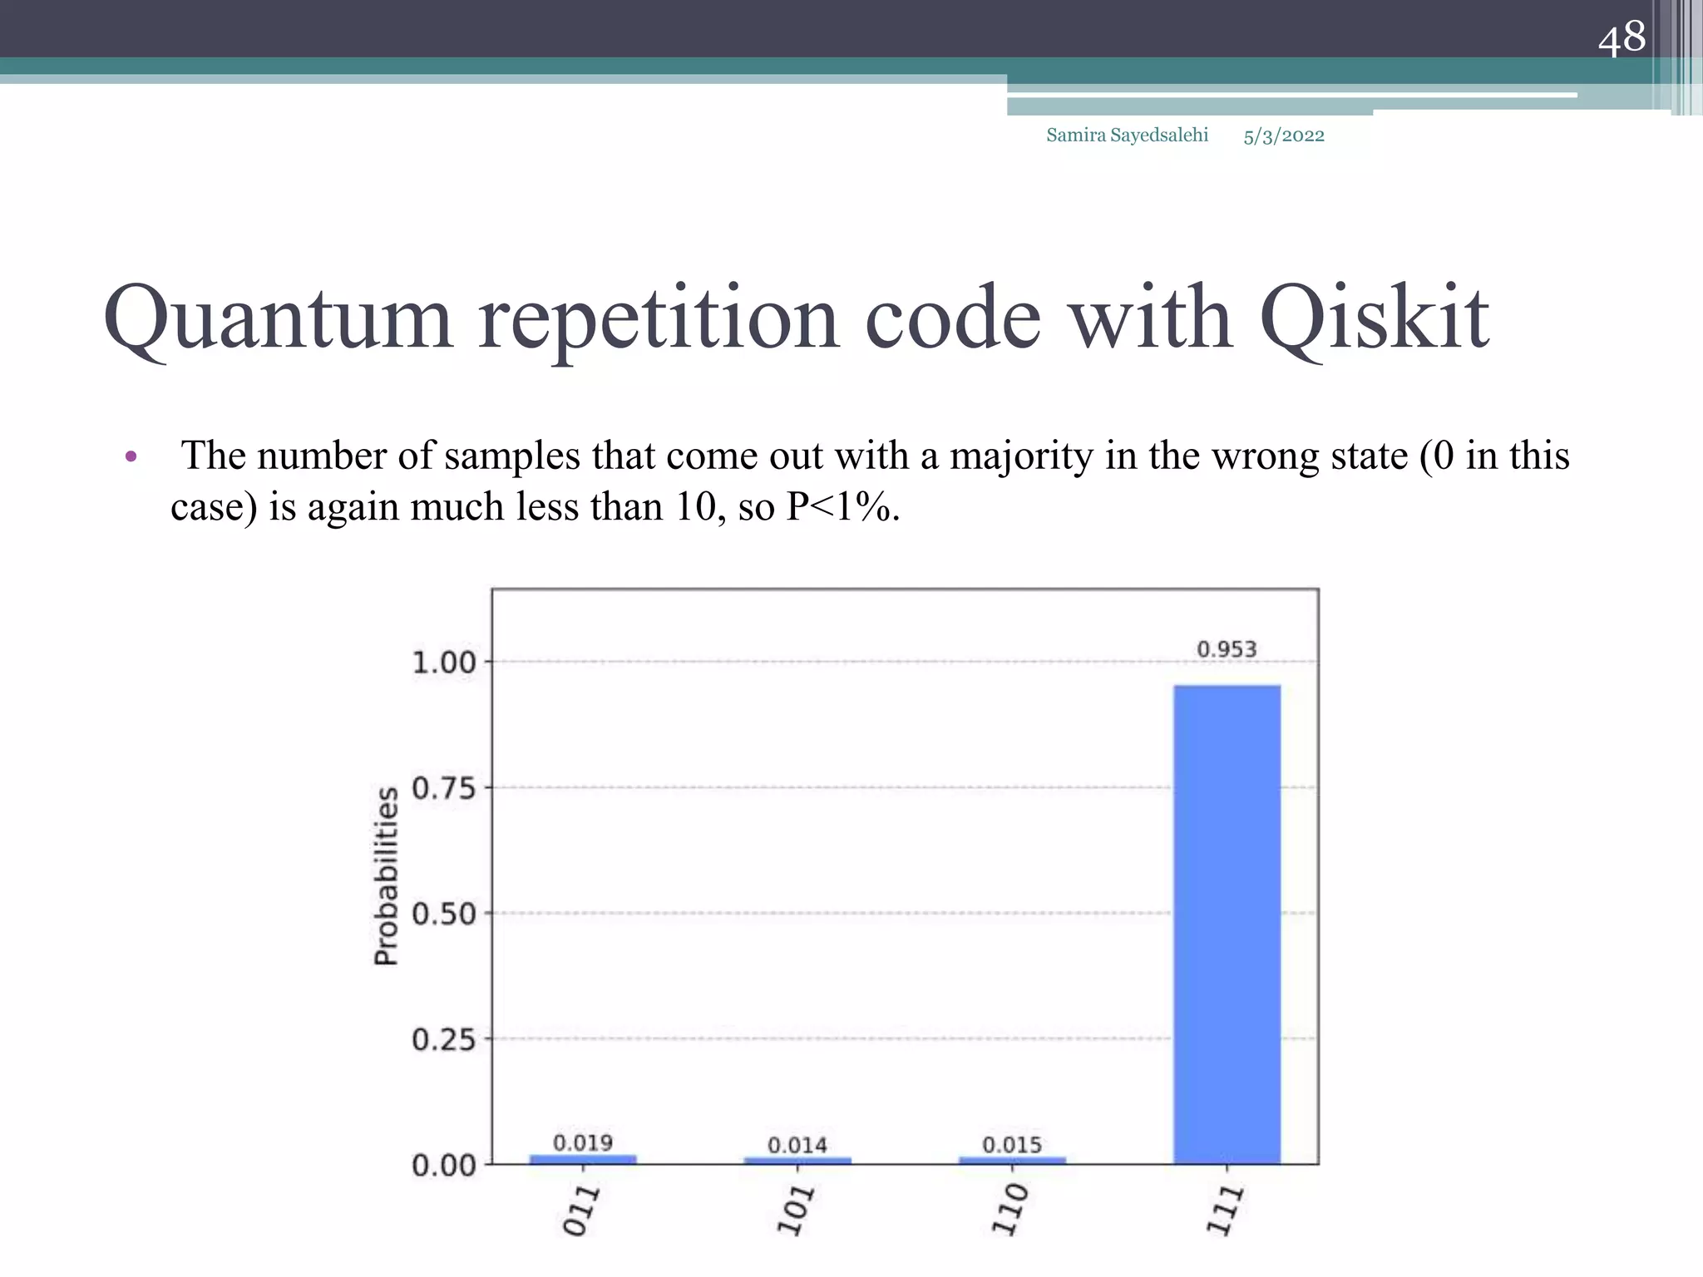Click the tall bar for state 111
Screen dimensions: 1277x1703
click(1227, 923)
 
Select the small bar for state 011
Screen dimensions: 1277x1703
click(583, 1159)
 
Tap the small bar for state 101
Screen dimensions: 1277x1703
click(797, 1160)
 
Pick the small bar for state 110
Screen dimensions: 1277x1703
click(1012, 1160)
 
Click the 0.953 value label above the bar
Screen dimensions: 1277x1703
click(1227, 649)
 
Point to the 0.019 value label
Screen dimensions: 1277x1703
click(583, 1143)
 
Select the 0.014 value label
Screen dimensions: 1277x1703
click(797, 1146)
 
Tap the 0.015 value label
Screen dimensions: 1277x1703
click(1012, 1145)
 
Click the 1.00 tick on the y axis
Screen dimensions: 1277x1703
click(444, 663)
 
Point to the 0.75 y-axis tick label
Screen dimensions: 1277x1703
click(444, 788)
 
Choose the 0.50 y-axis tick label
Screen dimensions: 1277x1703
click(444, 915)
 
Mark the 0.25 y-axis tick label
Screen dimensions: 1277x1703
click(444, 1040)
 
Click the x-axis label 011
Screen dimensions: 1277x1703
click(580, 1211)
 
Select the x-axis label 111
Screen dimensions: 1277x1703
click(1225, 1211)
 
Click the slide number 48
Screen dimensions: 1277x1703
click(1622, 38)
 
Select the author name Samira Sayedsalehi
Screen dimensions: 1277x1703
click(1127, 136)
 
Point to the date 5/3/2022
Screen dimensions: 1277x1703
click(1284, 136)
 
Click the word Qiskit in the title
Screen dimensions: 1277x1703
click(1374, 319)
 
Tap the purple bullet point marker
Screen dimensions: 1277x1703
click(131, 456)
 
